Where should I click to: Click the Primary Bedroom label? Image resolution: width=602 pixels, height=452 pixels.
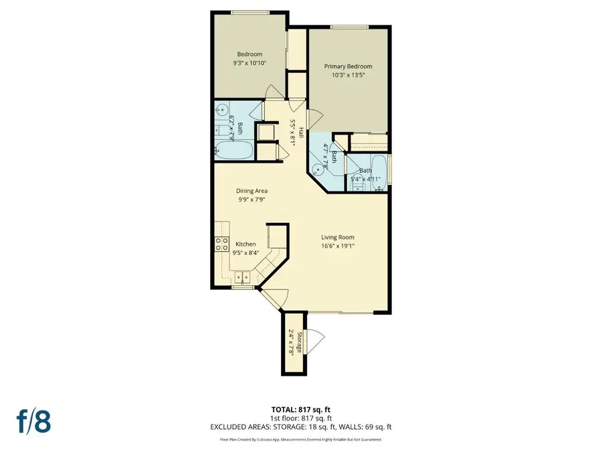348,66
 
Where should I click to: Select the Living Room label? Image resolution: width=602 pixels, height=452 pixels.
337,236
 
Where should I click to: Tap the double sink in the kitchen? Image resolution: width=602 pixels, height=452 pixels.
241,277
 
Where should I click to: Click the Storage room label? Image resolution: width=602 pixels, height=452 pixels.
300,342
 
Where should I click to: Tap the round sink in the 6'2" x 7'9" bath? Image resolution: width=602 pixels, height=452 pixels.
221,110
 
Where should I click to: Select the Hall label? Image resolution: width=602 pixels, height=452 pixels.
301,133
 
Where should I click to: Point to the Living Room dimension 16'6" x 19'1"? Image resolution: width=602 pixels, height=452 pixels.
337,246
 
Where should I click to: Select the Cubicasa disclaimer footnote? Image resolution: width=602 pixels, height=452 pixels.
300,440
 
